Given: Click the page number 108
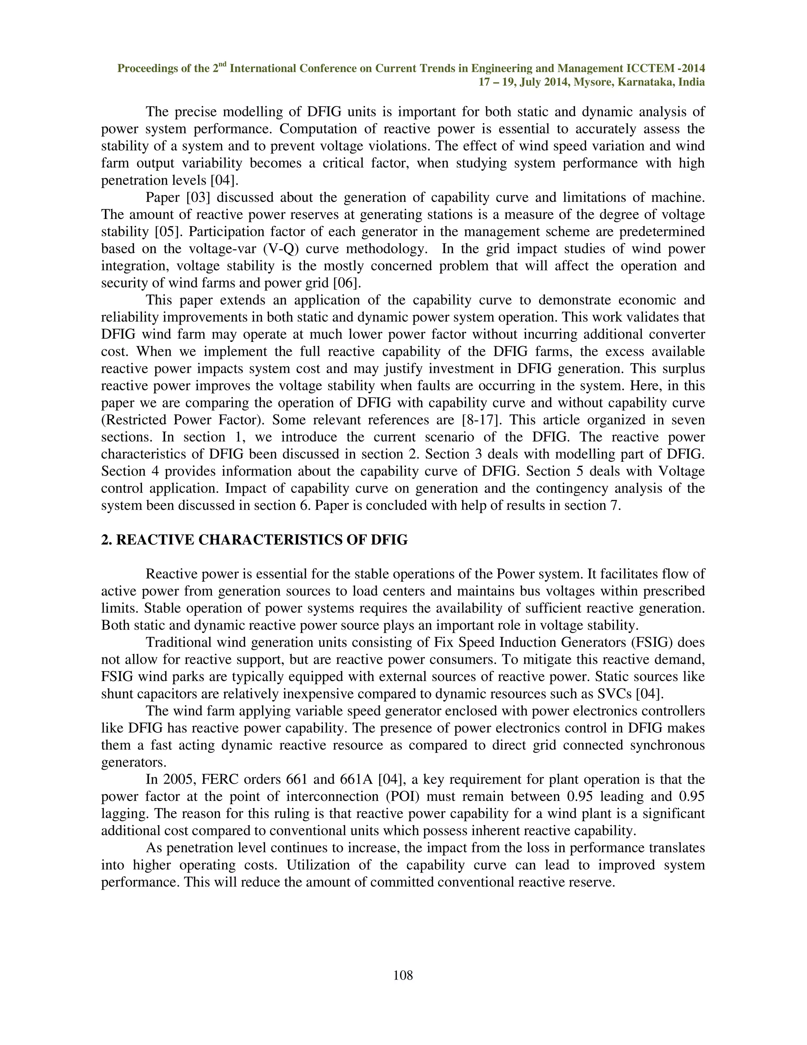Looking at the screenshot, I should [403, 975].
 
